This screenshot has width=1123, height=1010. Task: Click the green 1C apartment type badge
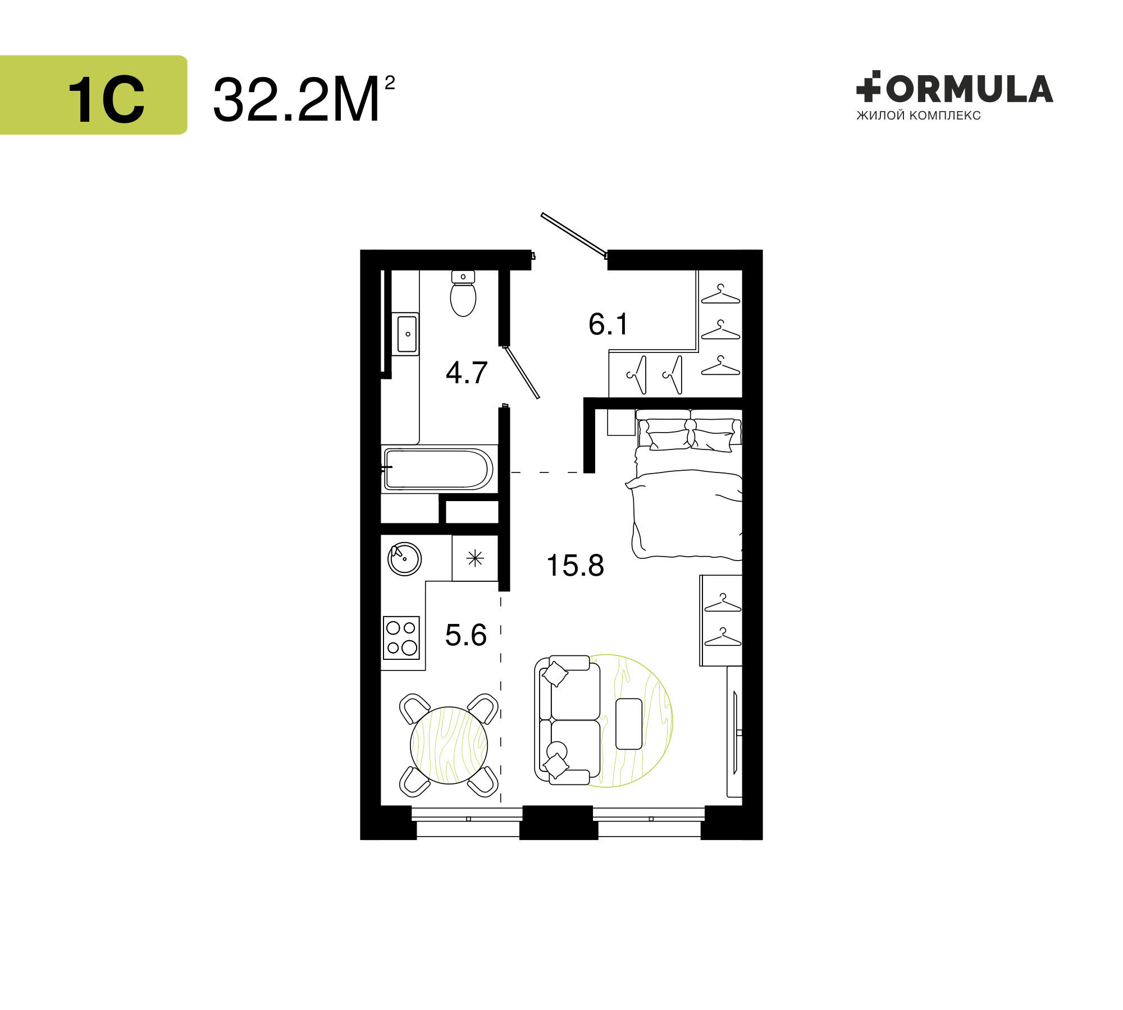point(93,95)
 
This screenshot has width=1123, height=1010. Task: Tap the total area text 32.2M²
point(304,99)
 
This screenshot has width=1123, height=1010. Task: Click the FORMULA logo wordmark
point(955,89)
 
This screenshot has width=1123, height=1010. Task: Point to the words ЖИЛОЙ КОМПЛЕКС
point(919,116)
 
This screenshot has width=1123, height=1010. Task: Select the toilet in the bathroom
point(463,293)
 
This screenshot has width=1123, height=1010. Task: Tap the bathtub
point(439,469)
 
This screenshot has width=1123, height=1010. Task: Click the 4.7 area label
point(467,373)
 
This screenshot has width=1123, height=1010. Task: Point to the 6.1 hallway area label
point(609,324)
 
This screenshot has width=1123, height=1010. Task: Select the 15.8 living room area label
point(575,565)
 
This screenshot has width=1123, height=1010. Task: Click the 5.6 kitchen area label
point(466,635)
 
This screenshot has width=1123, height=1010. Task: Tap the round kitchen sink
point(405,559)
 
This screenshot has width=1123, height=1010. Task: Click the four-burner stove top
point(401,637)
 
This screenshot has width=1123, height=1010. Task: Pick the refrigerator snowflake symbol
point(475,558)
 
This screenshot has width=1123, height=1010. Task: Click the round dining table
point(449,745)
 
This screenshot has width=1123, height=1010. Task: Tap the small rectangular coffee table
point(629,724)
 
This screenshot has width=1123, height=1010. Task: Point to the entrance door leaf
point(574,235)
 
